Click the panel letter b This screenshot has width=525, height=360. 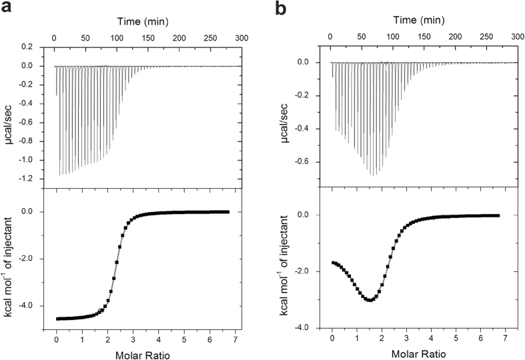point(282,9)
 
